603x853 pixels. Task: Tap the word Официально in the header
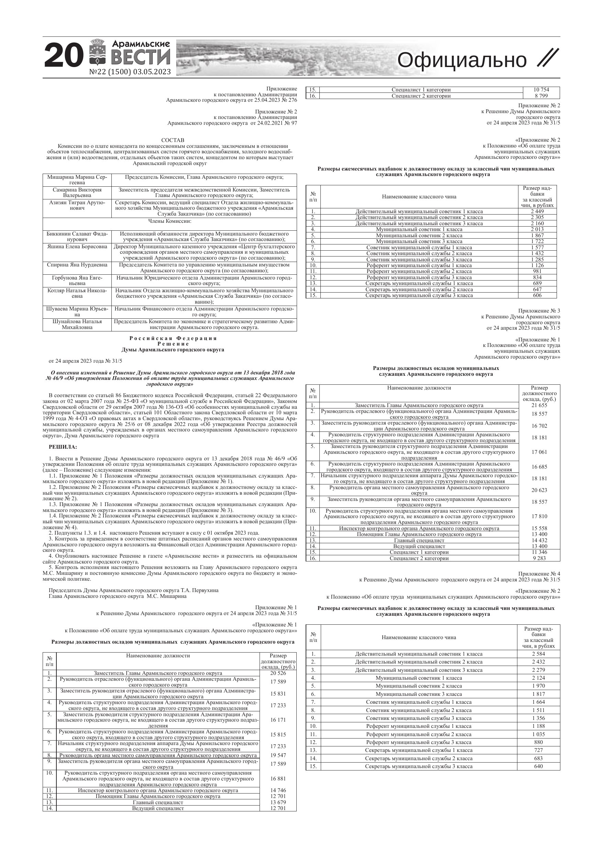(461, 60)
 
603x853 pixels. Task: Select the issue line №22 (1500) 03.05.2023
(130, 72)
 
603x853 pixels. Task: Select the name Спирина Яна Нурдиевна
(77, 265)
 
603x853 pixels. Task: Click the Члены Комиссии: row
(170, 221)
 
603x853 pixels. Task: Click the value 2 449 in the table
(537, 211)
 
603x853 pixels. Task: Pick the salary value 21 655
(539, 405)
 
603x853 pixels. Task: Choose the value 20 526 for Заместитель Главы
(278, 673)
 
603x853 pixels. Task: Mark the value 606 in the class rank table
(537, 295)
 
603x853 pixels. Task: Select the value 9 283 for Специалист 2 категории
(539, 558)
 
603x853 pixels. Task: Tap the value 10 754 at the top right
(541, 89)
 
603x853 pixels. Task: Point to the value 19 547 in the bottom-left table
(278, 755)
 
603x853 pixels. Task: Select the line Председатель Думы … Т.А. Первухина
(133, 590)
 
